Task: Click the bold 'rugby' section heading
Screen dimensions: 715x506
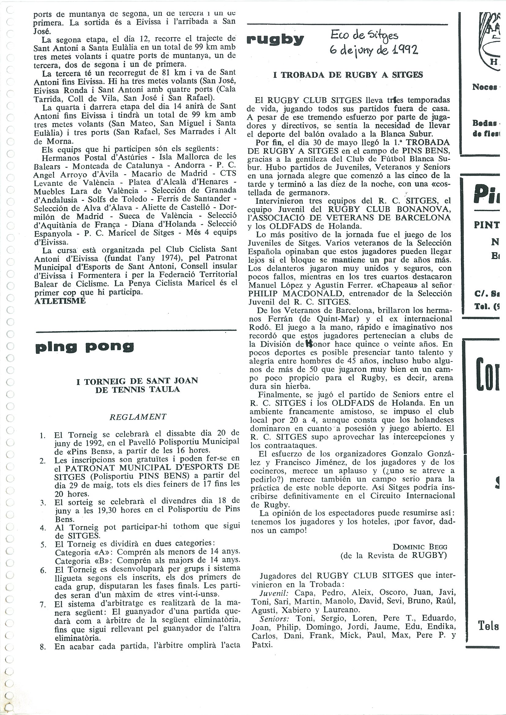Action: pos(275,40)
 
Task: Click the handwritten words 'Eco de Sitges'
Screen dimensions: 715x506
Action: pos(364,36)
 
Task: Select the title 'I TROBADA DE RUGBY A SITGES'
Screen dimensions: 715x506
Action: pos(348,75)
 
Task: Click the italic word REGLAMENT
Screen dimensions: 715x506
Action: pos(138,417)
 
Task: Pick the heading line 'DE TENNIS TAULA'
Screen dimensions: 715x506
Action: pos(137,389)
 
